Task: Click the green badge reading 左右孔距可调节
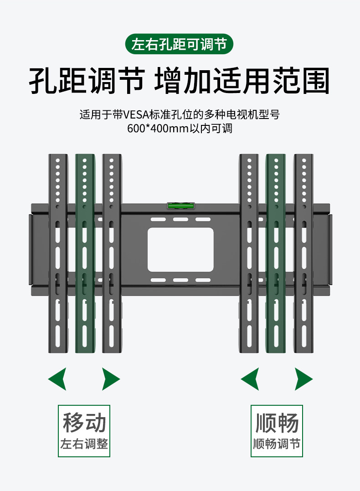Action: coord(180,45)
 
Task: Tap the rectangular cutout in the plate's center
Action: coord(180,249)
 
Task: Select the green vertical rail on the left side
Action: coord(85,253)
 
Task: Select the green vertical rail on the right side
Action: coord(276,253)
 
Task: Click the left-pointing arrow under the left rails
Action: coord(58,378)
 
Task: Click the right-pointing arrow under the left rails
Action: coord(110,378)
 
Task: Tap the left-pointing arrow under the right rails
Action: coord(250,378)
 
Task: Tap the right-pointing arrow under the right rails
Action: coord(303,378)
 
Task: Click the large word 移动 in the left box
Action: coord(84,422)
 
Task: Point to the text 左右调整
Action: coord(84,444)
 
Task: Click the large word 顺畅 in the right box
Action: coord(277,422)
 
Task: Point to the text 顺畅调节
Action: coord(277,444)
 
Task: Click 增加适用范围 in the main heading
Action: coord(242,81)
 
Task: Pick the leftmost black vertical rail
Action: coord(58,253)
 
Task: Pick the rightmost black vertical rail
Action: coord(303,253)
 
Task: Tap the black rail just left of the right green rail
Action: coord(249,253)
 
